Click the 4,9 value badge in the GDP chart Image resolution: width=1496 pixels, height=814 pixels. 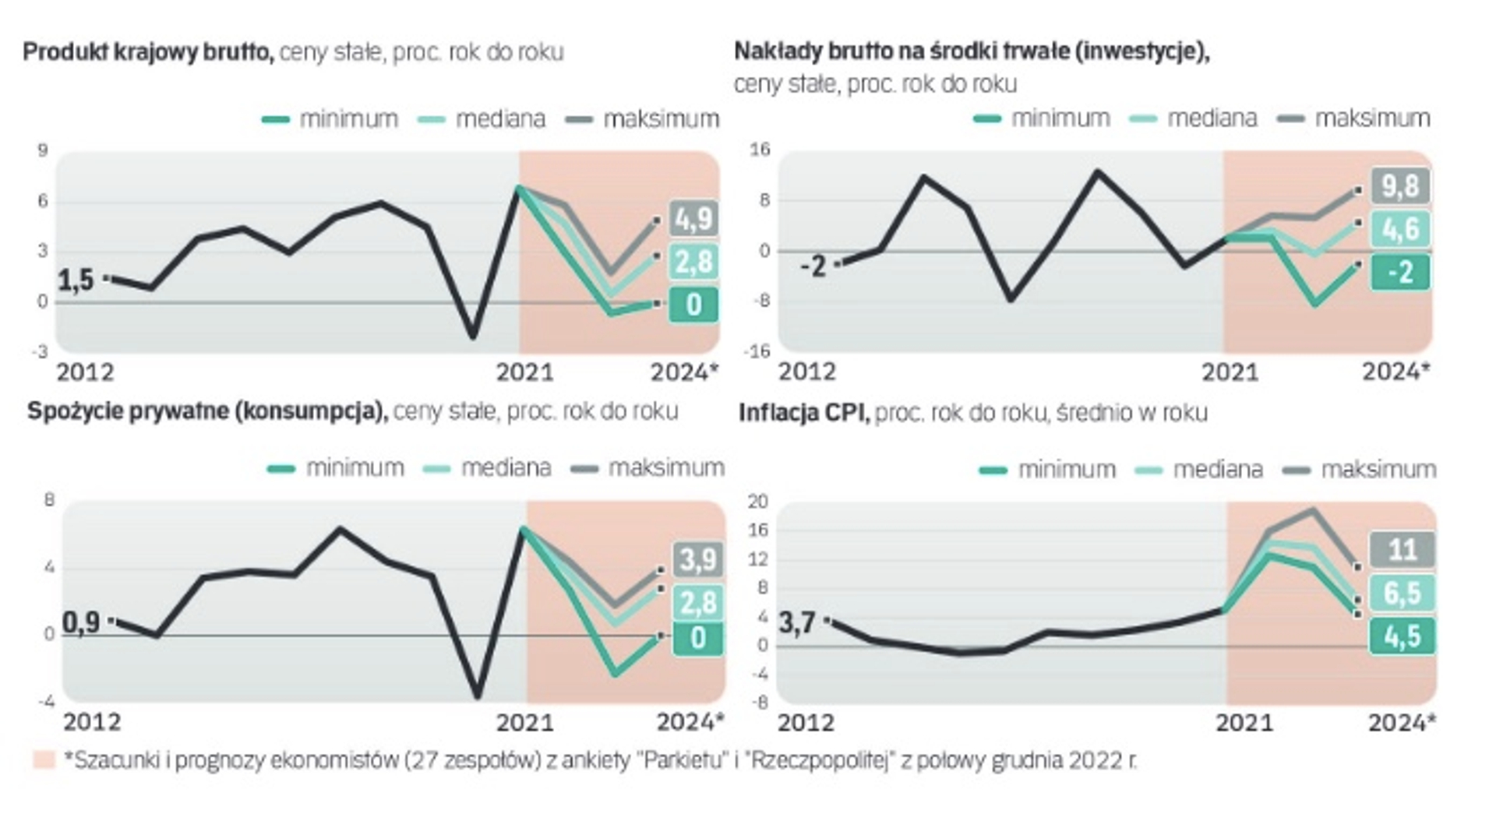click(x=693, y=219)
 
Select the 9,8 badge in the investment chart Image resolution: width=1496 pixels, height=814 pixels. click(x=1401, y=187)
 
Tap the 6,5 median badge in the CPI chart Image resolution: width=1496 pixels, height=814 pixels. click(x=1402, y=594)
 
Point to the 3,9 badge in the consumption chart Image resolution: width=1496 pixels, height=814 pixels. click(x=698, y=559)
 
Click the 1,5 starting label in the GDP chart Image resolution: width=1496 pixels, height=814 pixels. click(x=76, y=280)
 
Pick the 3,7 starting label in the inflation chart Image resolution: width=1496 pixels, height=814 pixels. click(x=797, y=622)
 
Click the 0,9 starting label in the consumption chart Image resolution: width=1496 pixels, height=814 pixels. click(x=80, y=622)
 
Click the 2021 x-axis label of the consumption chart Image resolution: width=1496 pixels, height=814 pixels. click(x=524, y=722)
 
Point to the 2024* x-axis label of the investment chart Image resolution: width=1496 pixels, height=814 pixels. click(x=1395, y=372)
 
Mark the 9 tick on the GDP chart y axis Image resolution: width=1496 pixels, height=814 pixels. click(x=43, y=150)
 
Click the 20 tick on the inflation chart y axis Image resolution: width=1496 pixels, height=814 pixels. click(x=757, y=501)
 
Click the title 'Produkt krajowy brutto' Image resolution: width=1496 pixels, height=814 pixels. click(x=148, y=52)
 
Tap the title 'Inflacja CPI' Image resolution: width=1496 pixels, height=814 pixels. click(x=803, y=412)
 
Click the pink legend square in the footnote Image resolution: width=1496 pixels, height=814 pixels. click(x=44, y=759)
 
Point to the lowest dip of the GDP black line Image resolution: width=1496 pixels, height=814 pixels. click(x=472, y=337)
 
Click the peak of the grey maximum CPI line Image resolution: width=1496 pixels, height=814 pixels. click(x=1314, y=510)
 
